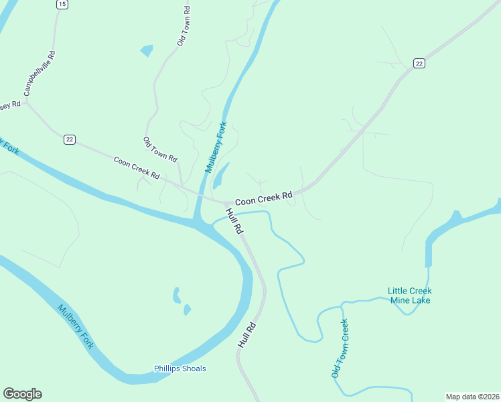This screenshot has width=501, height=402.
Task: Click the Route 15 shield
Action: [x=62, y=4]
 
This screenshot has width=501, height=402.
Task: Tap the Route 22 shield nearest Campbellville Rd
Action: [x=70, y=139]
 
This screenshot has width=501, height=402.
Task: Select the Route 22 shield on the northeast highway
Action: [x=419, y=63]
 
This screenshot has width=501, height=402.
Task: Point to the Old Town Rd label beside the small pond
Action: [x=184, y=27]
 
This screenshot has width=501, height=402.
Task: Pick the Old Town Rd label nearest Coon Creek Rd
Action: [x=159, y=149]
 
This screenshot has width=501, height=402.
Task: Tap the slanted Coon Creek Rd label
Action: [x=137, y=167]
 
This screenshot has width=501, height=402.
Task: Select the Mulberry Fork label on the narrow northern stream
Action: [x=216, y=147]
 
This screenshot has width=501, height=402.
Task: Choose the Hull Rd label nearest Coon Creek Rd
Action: [x=234, y=220]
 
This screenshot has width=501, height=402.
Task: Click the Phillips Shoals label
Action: [x=180, y=368]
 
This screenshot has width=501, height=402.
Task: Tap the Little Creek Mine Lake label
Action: [x=410, y=295]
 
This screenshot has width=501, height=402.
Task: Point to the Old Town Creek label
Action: [x=340, y=348]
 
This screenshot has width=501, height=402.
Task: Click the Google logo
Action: [x=22, y=394]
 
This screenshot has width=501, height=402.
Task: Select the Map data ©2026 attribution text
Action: [x=472, y=397]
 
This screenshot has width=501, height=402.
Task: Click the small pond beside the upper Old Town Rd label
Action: [x=147, y=50]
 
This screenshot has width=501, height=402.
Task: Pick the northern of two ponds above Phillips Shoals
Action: [x=177, y=294]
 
